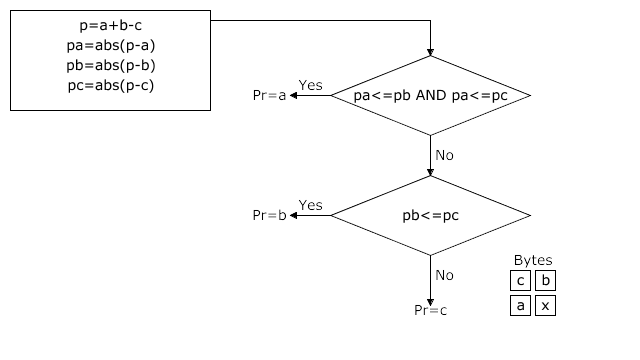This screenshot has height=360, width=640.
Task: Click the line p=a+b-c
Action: pos(110,26)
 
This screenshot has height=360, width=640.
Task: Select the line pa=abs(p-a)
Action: pos(110,46)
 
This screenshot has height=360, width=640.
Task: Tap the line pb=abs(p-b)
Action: pos(110,65)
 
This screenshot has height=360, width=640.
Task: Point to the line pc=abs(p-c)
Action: pos(110,85)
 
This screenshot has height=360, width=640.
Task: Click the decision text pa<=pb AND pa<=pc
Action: pos(430,96)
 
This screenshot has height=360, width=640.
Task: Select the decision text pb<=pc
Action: pos(430,215)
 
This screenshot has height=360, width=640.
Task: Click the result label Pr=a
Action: pos(268,96)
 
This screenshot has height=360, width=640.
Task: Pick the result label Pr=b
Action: pos(268,215)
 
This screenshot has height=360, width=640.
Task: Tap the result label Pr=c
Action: pos(430,310)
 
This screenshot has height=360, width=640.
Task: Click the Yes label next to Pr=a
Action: pos(311,85)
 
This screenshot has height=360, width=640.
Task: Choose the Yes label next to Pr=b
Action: pos(311,205)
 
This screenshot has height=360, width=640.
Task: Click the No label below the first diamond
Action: pos(445,156)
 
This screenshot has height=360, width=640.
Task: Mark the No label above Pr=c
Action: pos(445,275)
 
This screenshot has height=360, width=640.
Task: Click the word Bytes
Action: pos(532,261)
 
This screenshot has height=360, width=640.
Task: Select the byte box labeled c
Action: pos(520,281)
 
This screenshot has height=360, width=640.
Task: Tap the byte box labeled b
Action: pos(545,281)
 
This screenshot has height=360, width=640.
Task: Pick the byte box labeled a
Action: pos(520,306)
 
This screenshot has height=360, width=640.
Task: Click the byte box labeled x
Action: pos(545,306)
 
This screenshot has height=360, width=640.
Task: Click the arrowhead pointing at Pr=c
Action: pos(430,299)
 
